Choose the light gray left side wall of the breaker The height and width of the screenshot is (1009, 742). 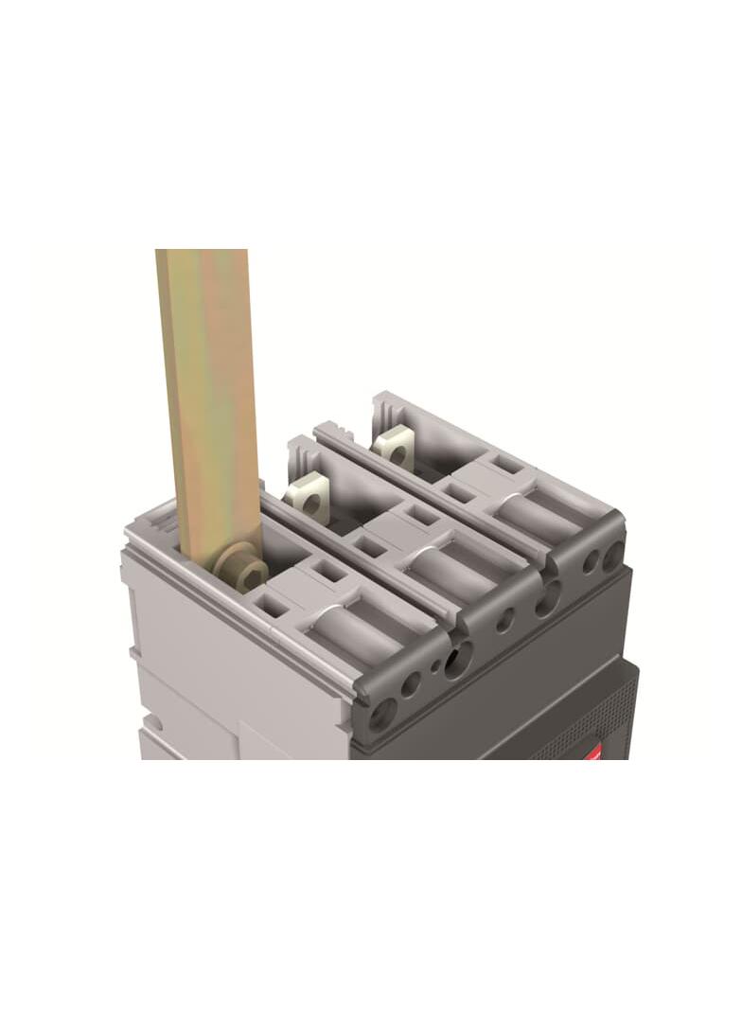click(180, 653)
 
